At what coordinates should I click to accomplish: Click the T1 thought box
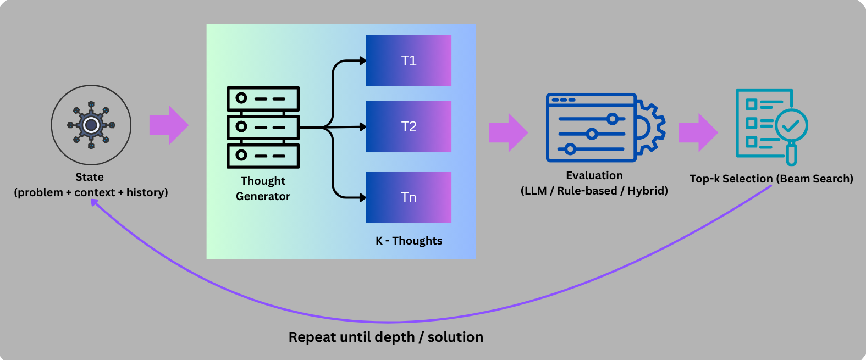point(409,60)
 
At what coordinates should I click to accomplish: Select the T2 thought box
point(409,126)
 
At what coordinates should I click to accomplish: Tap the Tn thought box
point(409,197)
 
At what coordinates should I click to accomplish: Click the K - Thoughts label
point(409,241)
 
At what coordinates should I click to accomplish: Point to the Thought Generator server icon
point(263,127)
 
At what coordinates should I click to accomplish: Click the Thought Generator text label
point(263,189)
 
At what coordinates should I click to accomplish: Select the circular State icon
point(91,125)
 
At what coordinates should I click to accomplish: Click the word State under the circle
point(90,177)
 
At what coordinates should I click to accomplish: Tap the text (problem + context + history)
point(91,192)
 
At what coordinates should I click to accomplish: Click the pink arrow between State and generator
point(169,125)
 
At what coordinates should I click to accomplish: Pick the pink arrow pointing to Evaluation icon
point(508,132)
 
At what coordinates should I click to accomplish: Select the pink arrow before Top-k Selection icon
point(698,132)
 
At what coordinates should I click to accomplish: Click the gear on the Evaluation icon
point(650,128)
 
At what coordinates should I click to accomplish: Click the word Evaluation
point(594,175)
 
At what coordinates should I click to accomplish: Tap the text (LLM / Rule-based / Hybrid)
point(594,191)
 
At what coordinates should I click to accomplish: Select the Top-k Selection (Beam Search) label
point(771,179)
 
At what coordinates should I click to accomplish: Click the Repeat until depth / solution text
point(386,337)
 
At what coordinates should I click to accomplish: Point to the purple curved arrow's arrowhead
point(95,202)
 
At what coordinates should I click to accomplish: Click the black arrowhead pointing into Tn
point(363,197)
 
